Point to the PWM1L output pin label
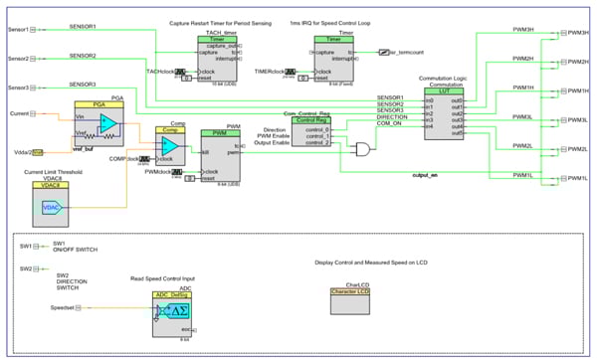pos(575,176)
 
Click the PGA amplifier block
pos(100,125)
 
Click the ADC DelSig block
pos(170,312)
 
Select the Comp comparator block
pos(170,146)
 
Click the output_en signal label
pos(425,175)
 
